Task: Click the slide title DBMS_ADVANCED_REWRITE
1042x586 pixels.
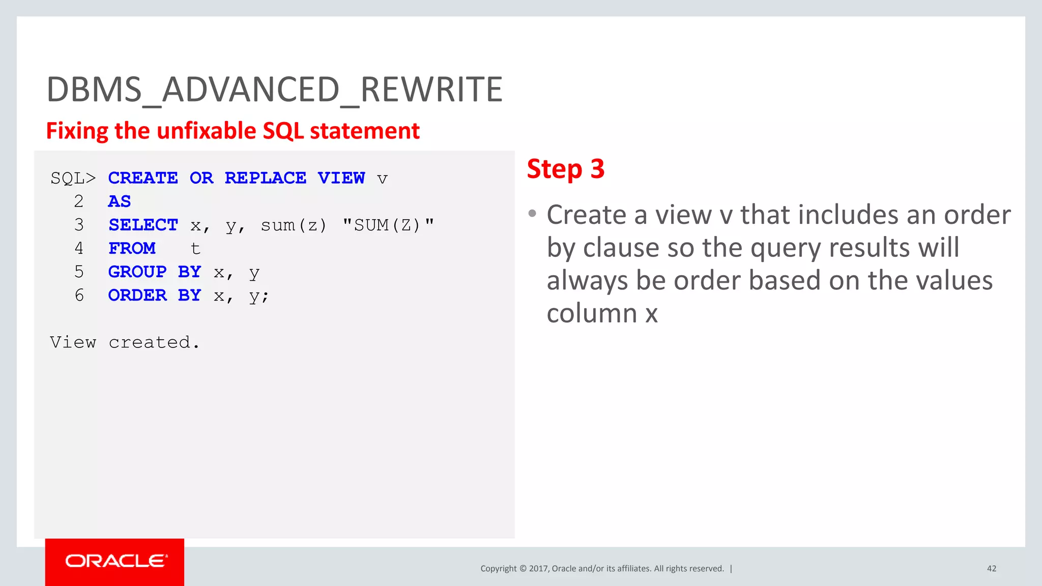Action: [274, 90]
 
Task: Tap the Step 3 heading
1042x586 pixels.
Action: [565, 169]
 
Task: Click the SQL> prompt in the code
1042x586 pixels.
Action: [73, 178]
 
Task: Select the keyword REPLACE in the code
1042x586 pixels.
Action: [265, 178]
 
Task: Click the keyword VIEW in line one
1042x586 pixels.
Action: [341, 178]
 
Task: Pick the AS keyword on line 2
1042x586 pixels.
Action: [119, 201]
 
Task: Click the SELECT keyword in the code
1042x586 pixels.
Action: [143, 225]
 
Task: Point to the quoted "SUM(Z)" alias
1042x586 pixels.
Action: [388, 225]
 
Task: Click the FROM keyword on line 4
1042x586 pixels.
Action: [132, 248]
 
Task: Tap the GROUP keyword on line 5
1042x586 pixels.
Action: [137, 272]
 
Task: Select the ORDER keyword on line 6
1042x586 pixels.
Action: [137, 295]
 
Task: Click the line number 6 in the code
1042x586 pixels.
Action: [79, 295]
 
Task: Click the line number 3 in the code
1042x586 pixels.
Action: [79, 225]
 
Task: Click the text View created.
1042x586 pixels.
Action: [124, 342]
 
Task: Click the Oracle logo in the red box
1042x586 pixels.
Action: [115, 561]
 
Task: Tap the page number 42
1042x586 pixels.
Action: [991, 569]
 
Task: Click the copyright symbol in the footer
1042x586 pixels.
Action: [523, 569]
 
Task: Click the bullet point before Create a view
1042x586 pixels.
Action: [532, 214]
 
